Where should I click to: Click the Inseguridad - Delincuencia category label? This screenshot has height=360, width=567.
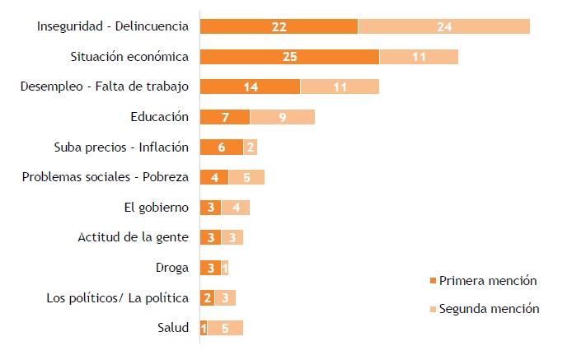pyautogui.click(x=113, y=26)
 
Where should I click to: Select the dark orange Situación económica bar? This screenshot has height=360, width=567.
pyautogui.click(x=289, y=57)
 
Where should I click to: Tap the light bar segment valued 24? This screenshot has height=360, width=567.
pyautogui.click(x=444, y=26)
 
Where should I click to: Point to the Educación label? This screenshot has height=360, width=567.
pyautogui.click(x=160, y=117)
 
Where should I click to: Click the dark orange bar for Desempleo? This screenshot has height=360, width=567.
pyautogui.click(x=250, y=86)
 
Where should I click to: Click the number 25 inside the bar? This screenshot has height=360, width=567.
pyautogui.click(x=289, y=57)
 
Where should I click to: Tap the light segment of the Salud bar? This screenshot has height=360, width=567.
pyautogui.click(x=225, y=328)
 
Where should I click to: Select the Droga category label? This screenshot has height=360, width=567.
pyautogui.click(x=171, y=268)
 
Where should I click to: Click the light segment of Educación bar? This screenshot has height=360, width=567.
pyautogui.click(x=282, y=117)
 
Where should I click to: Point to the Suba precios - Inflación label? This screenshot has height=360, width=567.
pyautogui.click(x=121, y=147)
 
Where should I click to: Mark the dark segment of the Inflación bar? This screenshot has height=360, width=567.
pyautogui.click(x=221, y=147)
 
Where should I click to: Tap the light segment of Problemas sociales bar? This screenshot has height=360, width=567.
pyautogui.click(x=246, y=177)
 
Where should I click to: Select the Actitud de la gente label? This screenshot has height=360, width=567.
pyautogui.click(x=133, y=237)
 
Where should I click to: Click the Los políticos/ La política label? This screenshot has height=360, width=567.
pyautogui.click(x=118, y=297)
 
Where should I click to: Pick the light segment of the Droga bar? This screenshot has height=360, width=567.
pyautogui.click(x=225, y=268)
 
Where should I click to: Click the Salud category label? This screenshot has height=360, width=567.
pyautogui.click(x=173, y=328)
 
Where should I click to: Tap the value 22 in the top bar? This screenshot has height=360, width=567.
pyautogui.click(x=279, y=26)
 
